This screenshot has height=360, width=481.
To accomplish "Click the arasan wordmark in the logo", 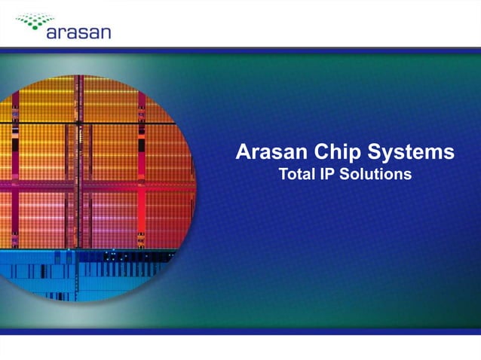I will [78, 32].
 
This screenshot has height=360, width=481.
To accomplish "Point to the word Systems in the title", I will [415, 153].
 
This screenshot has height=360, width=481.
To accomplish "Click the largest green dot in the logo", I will [53, 20].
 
